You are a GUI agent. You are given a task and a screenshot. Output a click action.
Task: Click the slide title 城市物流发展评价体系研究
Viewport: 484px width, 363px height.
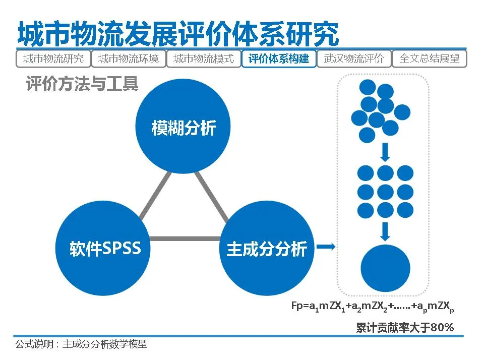177,33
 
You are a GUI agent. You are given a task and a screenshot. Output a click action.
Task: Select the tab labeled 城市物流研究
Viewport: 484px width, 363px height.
53,59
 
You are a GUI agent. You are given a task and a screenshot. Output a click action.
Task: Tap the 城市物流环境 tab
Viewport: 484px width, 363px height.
128,59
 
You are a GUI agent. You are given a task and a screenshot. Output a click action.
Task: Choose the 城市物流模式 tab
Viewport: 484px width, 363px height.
204,59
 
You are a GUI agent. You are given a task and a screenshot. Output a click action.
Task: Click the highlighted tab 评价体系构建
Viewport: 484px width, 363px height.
279,59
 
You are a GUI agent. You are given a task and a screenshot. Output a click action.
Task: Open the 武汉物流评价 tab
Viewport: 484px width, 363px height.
354,59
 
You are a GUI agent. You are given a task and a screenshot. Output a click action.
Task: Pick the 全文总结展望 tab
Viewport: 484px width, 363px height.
430,59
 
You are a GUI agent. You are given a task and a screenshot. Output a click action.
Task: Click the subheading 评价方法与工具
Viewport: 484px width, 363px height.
82,84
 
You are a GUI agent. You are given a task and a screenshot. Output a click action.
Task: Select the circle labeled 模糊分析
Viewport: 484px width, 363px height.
184,128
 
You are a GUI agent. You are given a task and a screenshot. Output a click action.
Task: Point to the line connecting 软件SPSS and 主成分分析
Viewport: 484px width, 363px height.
186,238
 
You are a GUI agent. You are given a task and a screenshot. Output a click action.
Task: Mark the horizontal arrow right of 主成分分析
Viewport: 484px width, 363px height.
328,247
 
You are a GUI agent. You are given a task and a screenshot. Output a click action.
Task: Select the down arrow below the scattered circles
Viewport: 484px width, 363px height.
385,151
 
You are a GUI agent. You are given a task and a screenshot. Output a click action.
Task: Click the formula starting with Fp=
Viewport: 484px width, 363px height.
374,306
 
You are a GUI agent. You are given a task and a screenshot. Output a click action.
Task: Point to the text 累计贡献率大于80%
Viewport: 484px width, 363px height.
405,328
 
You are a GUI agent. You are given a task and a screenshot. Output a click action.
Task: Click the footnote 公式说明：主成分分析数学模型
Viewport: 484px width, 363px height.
81,344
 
